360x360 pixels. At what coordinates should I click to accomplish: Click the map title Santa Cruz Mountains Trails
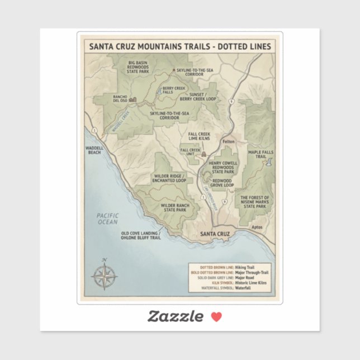click(x=179, y=46)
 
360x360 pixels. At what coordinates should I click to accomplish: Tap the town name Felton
click(x=229, y=142)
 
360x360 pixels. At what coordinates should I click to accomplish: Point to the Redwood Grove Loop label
click(x=222, y=183)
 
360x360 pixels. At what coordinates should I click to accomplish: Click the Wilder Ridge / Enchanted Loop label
click(x=169, y=178)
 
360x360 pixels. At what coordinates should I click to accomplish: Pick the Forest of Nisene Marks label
click(x=254, y=202)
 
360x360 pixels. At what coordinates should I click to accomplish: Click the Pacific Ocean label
click(x=107, y=219)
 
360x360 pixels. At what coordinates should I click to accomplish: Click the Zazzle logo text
click(x=175, y=316)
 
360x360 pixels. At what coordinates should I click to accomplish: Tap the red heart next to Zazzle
click(x=216, y=316)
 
